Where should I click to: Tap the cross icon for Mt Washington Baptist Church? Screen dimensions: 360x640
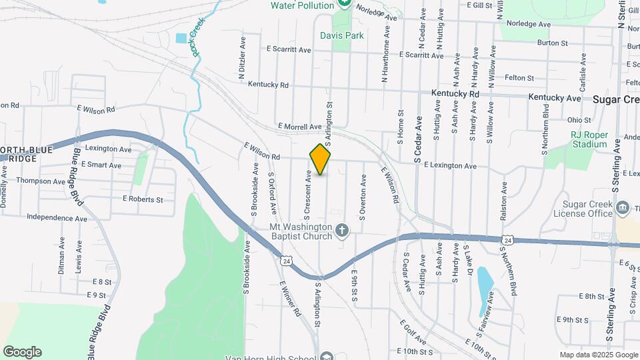(342, 231)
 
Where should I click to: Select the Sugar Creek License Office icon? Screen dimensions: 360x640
(623, 207)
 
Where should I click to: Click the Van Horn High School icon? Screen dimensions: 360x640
(325, 356)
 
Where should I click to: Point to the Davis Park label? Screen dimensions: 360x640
(341, 35)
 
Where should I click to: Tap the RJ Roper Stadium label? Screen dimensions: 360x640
(589, 139)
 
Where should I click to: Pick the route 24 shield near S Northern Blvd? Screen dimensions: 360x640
(507, 240)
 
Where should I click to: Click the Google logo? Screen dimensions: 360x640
(22, 352)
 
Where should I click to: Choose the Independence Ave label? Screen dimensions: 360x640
(57, 218)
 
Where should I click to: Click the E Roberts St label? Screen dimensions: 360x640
(142, 199)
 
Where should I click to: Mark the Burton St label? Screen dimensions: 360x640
(552, 43)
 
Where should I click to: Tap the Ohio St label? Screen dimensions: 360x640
(579, 121)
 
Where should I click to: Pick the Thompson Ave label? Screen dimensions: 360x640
(41, 181)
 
